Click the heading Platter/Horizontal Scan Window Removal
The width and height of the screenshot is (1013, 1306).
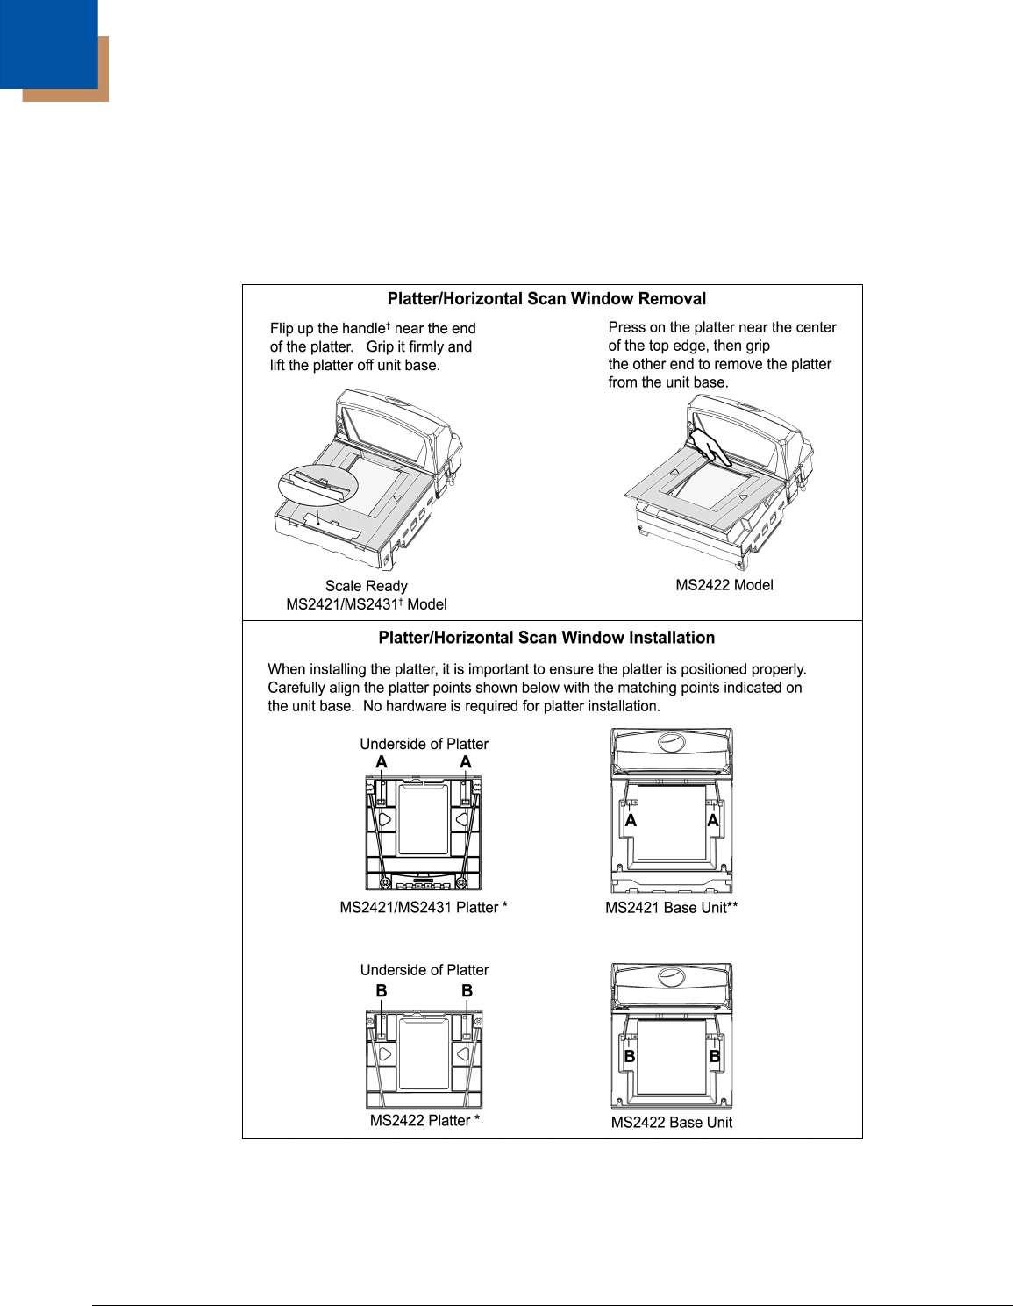point(546,299)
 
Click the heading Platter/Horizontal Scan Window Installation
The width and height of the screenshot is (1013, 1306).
point(546,639)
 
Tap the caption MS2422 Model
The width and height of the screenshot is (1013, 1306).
point(724,585)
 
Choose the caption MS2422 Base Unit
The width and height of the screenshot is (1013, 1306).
point(671,1123)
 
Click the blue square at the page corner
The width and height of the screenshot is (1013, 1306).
point(48,44)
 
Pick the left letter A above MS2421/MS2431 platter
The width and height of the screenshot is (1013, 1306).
point(382,762)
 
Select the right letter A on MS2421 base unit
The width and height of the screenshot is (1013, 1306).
point(713,821)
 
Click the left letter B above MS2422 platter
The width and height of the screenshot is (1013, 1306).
point(382,990)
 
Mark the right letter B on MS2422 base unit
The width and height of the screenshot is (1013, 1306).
point(715,1056)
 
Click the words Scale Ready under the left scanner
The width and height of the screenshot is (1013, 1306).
point(366,586)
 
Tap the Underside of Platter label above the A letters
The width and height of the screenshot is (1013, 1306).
point(424,744)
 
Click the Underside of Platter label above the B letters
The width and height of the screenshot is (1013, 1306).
point(424,970)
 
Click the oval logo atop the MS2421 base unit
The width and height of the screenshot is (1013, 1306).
point(672,743)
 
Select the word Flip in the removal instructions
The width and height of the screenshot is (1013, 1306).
point(282,329)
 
